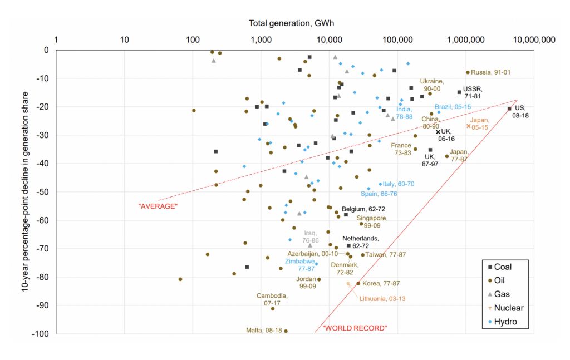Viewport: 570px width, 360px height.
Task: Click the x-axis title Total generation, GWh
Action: (x=291, y=23)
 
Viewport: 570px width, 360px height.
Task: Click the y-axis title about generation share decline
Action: (x=25, y=192)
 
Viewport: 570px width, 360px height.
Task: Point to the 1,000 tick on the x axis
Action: (x=261, y=40)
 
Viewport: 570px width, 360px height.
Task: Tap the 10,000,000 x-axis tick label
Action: (x=534, y=40)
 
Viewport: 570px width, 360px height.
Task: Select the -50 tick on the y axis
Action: (x=43, y=192)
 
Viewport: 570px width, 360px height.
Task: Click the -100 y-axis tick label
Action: (x=41, y=333)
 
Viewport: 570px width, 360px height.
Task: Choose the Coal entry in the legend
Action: (x=499, y=267)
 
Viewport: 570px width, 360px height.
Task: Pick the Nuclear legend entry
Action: (x=505, y=308)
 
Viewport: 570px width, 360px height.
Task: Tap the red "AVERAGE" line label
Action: (x=158, y=206)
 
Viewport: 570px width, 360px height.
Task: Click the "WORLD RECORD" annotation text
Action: (x=355, y=328)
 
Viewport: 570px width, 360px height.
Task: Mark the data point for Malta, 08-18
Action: (x=286, y=331)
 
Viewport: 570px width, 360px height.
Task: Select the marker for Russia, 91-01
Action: (x=468, y=72)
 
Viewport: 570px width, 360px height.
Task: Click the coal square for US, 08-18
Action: (x=509, y=109)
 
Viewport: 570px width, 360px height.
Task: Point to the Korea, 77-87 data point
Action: (x=358, y=283)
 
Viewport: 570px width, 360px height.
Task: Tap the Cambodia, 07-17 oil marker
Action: (x=273, y=309)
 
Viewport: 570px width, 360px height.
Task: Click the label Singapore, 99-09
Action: (x=372, y=222)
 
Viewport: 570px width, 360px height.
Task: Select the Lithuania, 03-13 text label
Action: (x=382, y=299)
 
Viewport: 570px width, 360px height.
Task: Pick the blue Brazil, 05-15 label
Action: (x=453, y=107)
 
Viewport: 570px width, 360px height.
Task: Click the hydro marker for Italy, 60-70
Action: (x=380, y=184)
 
